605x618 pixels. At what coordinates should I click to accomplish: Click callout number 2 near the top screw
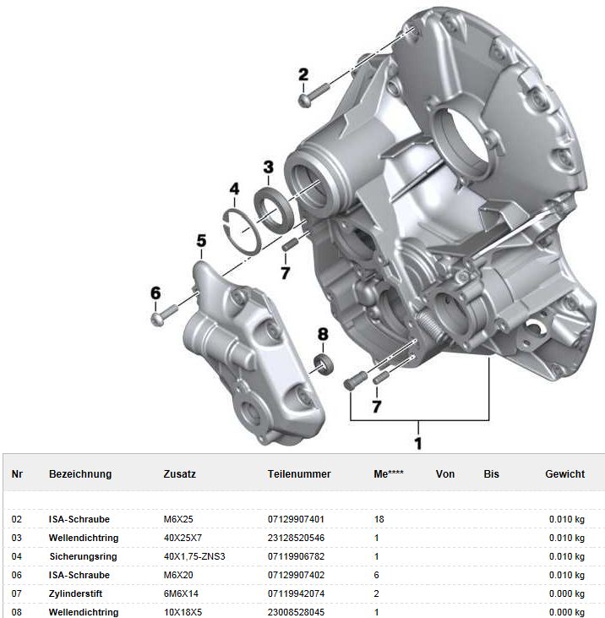tap(303, 74)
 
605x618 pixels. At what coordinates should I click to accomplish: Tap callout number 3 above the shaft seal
tap(268, 167)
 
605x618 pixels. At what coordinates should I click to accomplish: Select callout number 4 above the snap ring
tap(234, 189)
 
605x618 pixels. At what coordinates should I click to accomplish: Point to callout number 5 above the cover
tap(201, 240)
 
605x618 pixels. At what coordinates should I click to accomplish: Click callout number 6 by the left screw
tap(155, 293)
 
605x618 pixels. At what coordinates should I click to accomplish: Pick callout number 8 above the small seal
tap(323, 334)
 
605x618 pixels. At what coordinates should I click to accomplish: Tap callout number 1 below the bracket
tap(418, 443)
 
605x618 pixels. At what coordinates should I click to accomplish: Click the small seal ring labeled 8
tap(324, 364)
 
